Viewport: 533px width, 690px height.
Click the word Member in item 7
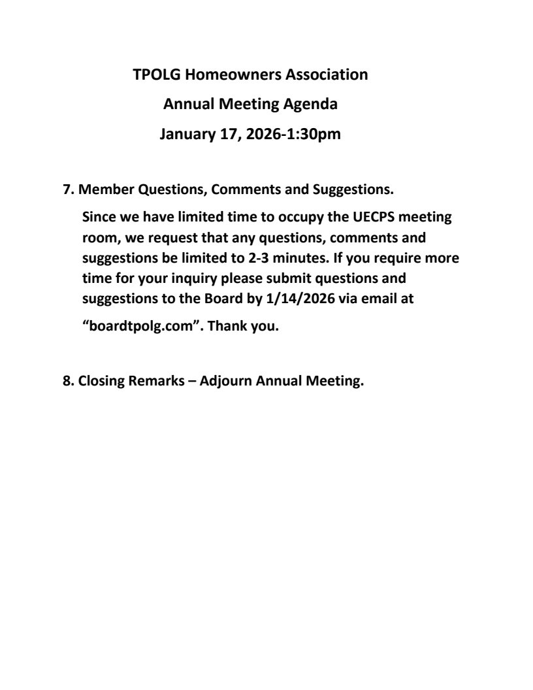click(101, 190)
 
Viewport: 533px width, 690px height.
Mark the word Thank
click(236, 327)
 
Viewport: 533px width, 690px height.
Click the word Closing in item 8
click(101, 382)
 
